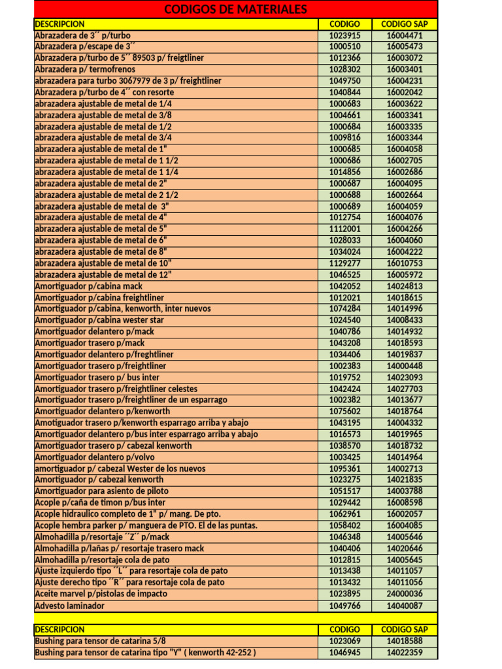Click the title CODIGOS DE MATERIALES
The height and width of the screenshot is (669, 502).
point(235,9)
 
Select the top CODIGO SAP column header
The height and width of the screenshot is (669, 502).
point(405,24)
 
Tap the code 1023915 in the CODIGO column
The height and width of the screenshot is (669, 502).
point(344,35)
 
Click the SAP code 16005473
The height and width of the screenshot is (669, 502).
point(405,46)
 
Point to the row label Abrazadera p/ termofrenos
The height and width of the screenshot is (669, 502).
point(85,69)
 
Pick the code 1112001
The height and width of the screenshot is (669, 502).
point(344,229)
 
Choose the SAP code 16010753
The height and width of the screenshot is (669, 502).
point(405,263)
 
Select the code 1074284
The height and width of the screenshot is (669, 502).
point(344,308)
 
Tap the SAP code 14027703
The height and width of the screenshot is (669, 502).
point(405,388)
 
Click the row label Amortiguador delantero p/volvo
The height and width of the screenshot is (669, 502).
point(95,457)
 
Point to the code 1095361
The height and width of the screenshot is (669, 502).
point(344,468)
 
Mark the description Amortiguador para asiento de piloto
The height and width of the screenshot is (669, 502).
point(101,491)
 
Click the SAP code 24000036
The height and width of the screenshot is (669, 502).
point(405,594)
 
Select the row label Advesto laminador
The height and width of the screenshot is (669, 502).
point(69,606)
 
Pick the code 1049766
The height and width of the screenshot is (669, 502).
point(344,606)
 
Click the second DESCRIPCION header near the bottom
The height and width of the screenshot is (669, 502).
point(59,629)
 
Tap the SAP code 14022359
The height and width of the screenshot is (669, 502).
point(405,652)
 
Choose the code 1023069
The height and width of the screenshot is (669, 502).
point(344,641)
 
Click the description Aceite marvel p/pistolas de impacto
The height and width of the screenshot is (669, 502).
point(101,594)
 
